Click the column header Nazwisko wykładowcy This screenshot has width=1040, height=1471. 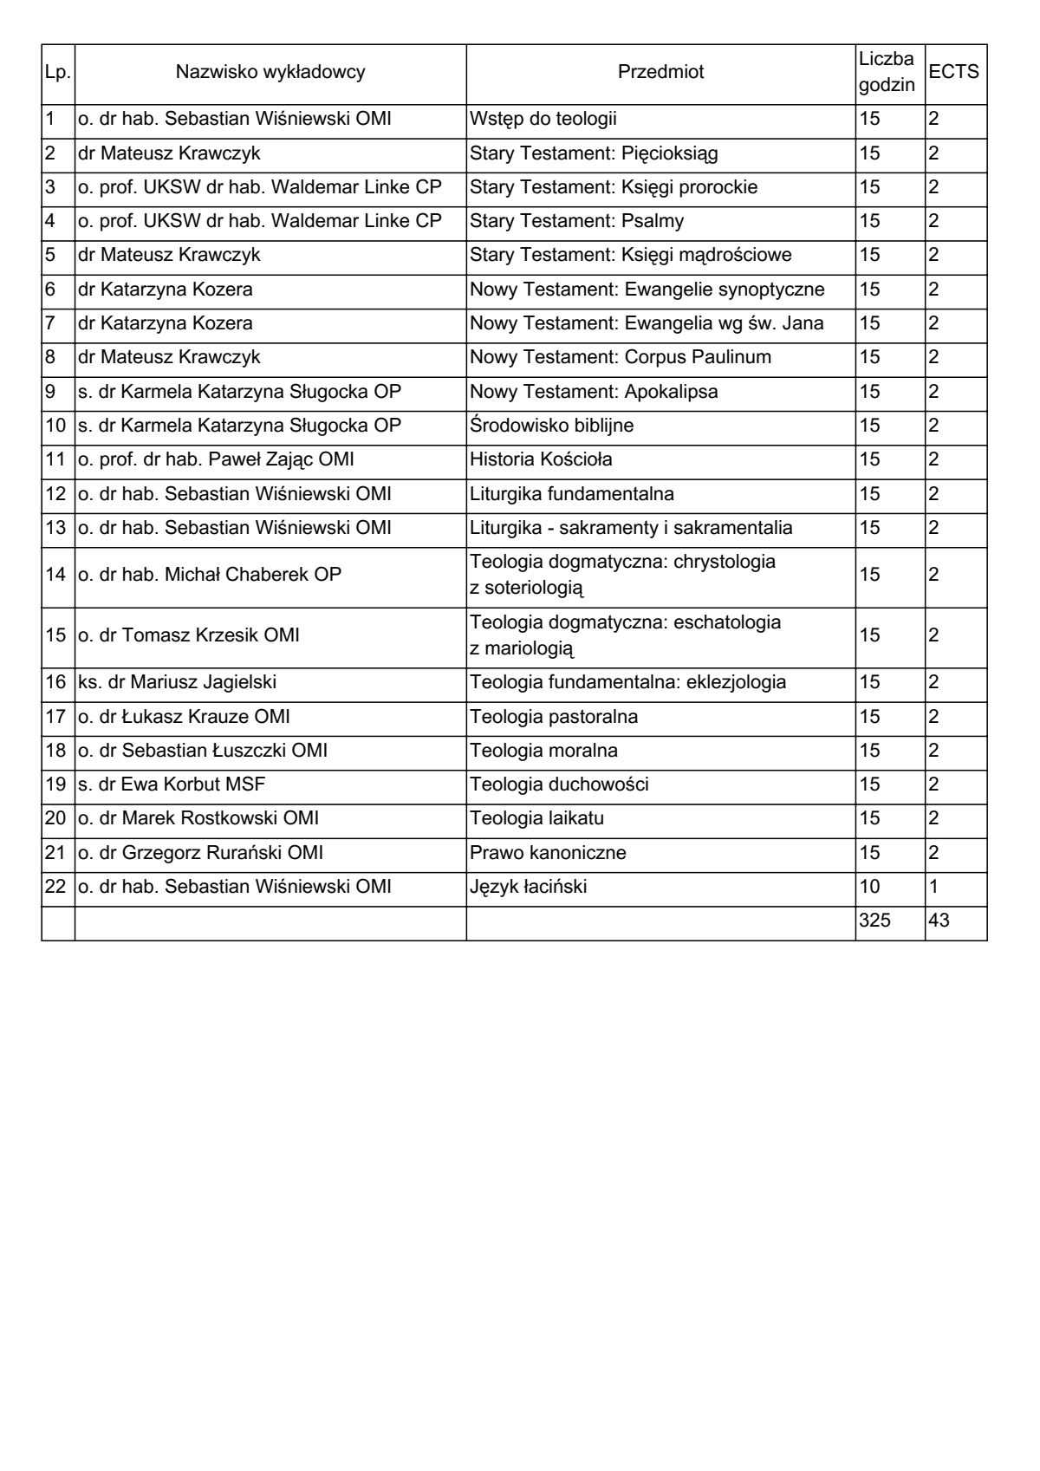pyautogui.click(x=270, y=73)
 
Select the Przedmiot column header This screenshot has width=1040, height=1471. pyautogui.click(x=660, y=73)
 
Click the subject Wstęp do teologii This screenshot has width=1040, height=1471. pyautogui.click(x=543, y=119)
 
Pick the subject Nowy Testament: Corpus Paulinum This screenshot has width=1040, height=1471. pyautogui.click(x=620, y=357)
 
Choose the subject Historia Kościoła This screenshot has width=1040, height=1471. pyautogui.click(x=541, y=459)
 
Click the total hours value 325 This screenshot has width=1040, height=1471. pyautogui.click(x=874, y=921)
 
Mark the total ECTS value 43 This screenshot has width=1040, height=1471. pyautogui.click(x=939, y=921)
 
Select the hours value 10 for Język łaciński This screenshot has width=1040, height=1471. pyautogui.click(x=869, y=887)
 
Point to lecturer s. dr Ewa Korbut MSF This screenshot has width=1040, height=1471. pyautogui.click(x=172, y=784)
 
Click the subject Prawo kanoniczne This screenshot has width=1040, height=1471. pyautogui.click(x=548, y=853)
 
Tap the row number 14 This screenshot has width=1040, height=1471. pyautogui.click(x=55, y=575)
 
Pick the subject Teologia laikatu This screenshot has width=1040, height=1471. pyautogui.click(x=536, y=818)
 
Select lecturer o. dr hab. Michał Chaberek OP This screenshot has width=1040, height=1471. pyautogui.click(x=210, y=575)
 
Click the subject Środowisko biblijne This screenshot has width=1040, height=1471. pyautogui.click(x=551, y=426)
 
